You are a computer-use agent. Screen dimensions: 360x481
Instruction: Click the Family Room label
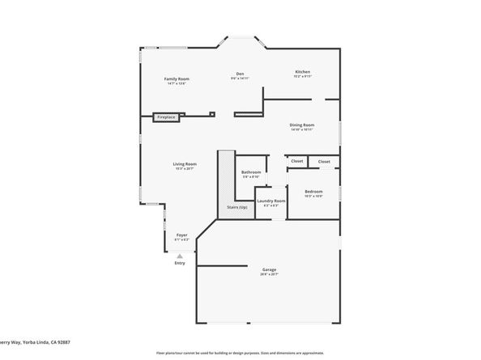(177, 78)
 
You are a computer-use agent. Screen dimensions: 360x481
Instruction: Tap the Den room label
(240, 73)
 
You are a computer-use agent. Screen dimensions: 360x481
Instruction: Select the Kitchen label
(302, 72)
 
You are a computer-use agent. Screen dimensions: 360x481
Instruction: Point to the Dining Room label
(302, 125)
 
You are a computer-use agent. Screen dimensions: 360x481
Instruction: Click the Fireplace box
(165, 117)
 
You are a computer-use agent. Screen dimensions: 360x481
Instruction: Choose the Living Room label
(185, 164)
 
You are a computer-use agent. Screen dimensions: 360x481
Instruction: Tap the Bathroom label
(251, 172)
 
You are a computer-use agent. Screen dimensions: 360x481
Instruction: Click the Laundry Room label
(271, 201)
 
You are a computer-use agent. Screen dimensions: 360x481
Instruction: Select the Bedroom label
(313, 191)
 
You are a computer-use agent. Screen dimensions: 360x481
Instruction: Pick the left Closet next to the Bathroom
(297, 161)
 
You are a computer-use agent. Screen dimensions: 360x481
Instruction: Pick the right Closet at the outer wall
(324, 161)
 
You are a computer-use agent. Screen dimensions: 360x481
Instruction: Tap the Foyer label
(182, 235)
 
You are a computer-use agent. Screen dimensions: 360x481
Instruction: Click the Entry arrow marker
(180, 254)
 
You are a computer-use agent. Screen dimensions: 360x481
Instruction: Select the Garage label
(269, 269)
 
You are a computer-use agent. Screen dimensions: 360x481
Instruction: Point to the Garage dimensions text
(269, 274)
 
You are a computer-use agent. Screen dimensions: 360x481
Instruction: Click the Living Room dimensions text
(185, 169)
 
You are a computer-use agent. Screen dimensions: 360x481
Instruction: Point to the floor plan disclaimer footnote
(240, 353)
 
